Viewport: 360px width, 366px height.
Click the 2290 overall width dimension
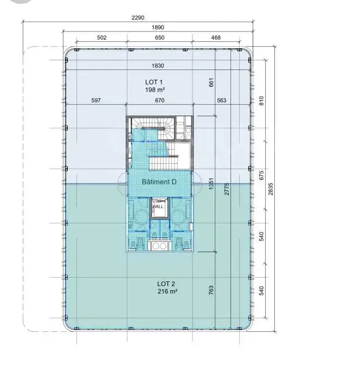[x=138, y=17]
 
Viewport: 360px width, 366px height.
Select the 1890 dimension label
[x=158, y=27]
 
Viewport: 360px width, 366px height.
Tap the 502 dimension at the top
[x=102, y=37]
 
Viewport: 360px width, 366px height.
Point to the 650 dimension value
[x=160, y=37]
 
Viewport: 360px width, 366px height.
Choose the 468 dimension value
[x=216, y=37]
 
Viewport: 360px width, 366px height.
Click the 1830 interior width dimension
[x=158, y=66]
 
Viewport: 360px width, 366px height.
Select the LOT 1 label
[x=154, y=82]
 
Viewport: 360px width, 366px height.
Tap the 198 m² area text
[x=155, y=89]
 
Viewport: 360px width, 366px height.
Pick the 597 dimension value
[x=96, y=100]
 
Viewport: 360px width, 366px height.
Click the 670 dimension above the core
[x=160, y=100]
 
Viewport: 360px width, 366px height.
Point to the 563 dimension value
[x=222, y=100]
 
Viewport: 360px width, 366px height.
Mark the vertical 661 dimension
[x=211, y=82]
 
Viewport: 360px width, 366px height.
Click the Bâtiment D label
[x=159, y=182]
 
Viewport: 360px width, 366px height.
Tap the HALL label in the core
[x=158, y=207]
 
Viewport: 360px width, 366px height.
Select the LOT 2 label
[x=166, y=284]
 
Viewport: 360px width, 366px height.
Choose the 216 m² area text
[x=167, y=291]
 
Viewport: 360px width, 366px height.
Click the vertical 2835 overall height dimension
[x=271, y=189]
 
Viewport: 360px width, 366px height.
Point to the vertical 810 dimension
[x=261, y=101]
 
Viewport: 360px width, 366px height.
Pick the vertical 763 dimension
[x=211, y=290]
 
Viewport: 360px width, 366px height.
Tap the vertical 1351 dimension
[x=211, y=184]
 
